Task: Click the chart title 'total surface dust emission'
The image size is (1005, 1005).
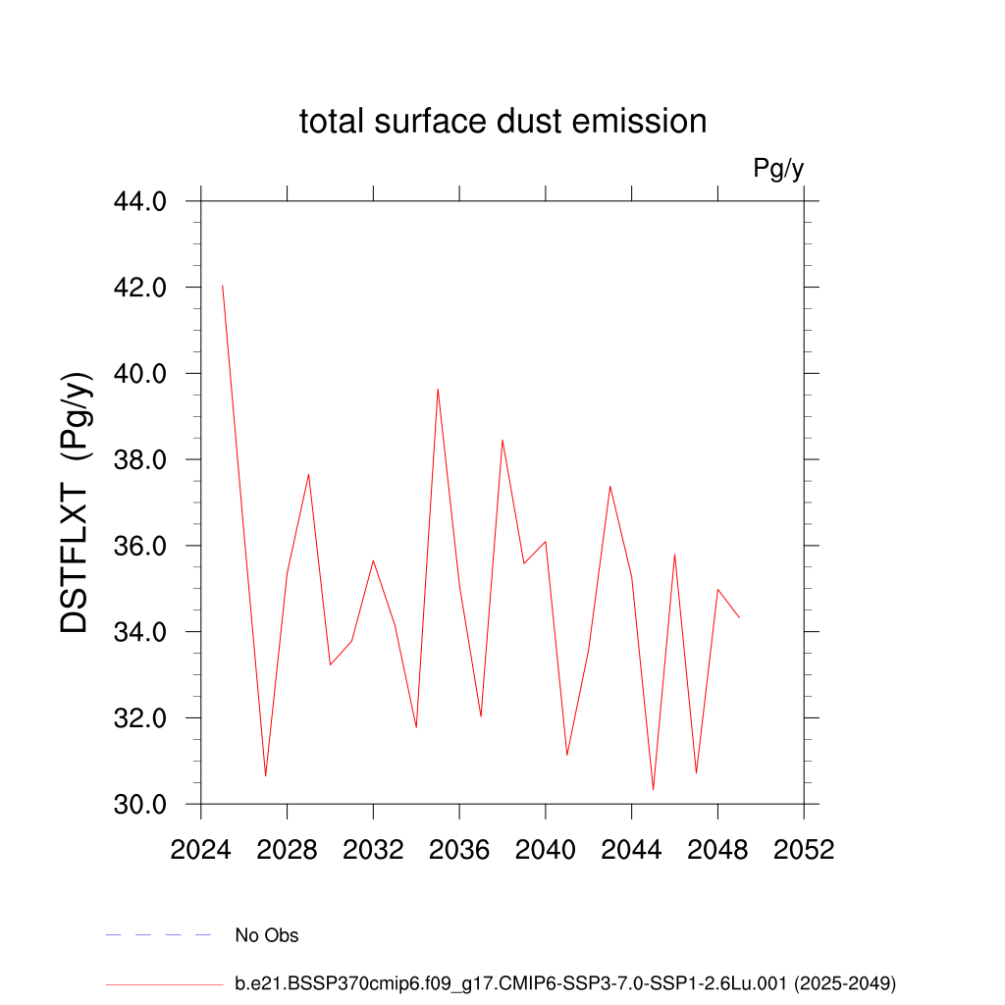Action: pos(502,122)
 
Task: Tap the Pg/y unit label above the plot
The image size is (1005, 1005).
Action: pos(778,169)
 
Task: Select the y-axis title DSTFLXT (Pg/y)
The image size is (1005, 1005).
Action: pos(77,502)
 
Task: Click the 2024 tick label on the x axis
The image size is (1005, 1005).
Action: pos(201,850)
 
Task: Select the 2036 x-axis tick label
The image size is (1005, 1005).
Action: pos(459,850)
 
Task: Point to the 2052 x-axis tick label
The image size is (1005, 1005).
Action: pos(804,850)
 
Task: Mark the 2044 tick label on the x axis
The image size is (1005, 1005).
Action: pos(631,850)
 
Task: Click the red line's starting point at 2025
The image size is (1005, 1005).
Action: pos(223,286)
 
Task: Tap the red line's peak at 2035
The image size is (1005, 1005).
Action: pos(438,389)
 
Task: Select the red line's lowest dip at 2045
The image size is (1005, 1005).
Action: pos(653,789)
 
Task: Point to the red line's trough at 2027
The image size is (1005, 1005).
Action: pos(265,776)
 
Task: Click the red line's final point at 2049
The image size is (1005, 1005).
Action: pos(739,617)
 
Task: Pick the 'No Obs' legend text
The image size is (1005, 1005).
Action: pos(267,935)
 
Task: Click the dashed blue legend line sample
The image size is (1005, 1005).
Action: pos(159,935)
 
